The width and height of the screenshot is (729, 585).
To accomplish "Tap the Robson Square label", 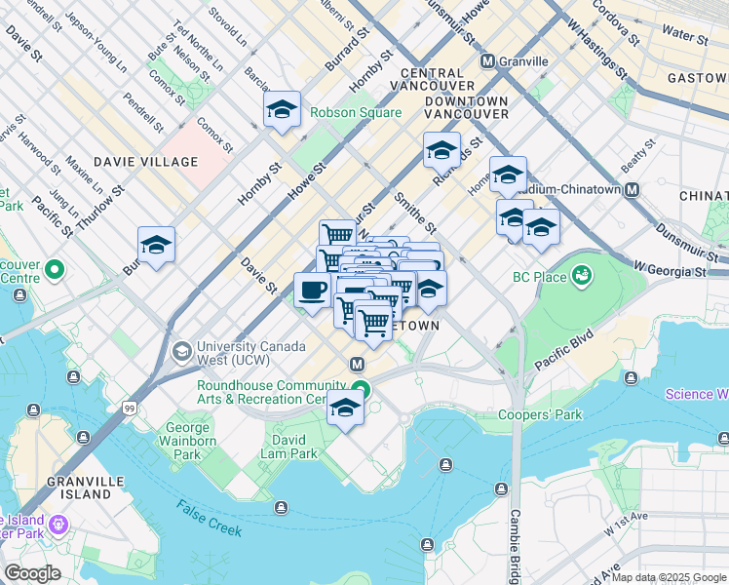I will (x=356, y=112).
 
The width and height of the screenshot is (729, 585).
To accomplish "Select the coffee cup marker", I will (x=313, y=291).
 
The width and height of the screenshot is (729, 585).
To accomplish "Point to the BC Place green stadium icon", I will (x=582, y=277).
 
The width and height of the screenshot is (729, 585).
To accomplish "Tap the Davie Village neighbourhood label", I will (x=145, y=161).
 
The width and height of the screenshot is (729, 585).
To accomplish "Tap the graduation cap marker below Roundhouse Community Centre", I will (x=345, y=409).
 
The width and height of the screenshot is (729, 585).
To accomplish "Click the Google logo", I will (x=32, y=573).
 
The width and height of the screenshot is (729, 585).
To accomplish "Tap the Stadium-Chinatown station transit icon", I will (x=633, y=189).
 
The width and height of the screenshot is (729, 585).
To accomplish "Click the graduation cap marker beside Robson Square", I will (x=282, y=110).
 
